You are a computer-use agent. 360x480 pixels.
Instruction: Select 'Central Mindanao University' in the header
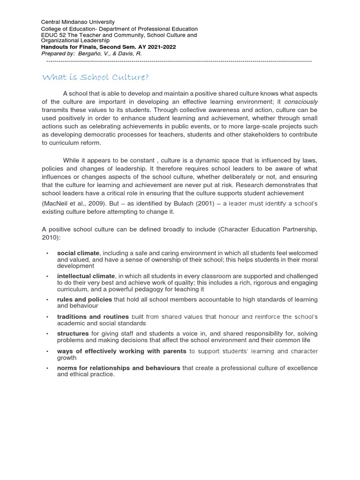[x=78, y=22]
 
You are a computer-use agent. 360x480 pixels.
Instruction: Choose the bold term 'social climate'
[x=78, y=254]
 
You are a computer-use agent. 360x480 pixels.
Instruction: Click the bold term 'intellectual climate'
[x=86, y=276]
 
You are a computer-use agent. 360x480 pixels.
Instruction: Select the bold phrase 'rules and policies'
[x=84, y=299]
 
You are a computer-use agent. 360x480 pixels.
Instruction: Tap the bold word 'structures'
[x=73, y=333]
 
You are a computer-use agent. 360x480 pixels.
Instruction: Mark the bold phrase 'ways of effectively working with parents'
[x=121, y=351]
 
